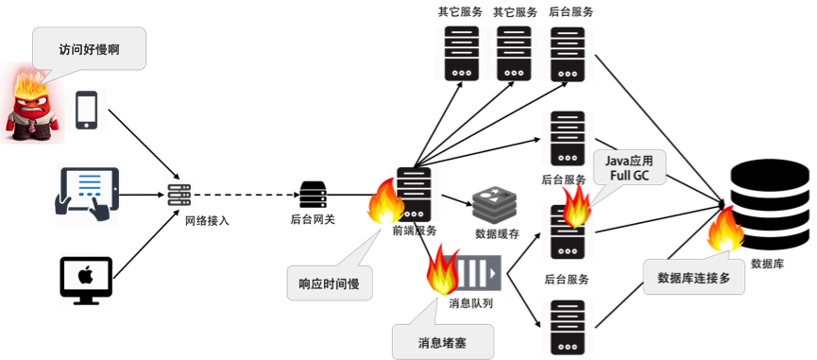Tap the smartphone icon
click(x=87, y=110)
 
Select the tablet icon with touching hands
click(x=87, y=195)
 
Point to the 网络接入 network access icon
click(x=179, y=196)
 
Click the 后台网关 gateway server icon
click(x=314, y=196)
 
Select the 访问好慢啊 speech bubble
click(x=89, y=51)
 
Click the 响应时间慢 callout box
click(x=330, y=283)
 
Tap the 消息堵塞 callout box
click(x=442, y=342)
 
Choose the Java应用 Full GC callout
click(x=629, y=168)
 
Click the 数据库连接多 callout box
click(x=693, y=277)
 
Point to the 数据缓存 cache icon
click(x=496, y=203)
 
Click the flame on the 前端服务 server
click(x=385, y=201)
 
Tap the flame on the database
click(x=725, y=230)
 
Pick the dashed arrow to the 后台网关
click(x=244, y=196)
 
